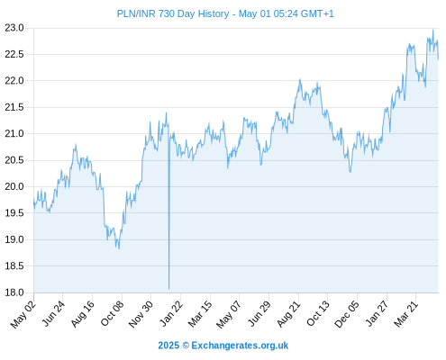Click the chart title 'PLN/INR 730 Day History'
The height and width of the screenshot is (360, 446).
pos(173,13)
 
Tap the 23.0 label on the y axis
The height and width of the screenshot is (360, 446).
pos(14,28)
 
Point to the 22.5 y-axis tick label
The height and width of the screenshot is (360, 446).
pos(14,54)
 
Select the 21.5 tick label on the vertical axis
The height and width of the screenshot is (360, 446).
pos(14,107)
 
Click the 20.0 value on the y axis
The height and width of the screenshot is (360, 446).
pos(14,186)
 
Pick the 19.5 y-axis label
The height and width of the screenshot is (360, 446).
pos(14,213)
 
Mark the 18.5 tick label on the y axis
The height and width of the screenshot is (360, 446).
pos(14,265)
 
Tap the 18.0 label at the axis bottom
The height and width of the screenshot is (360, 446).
pos(14,292)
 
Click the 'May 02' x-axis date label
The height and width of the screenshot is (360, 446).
pos(23,314)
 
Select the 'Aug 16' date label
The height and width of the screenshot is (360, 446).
pos(83,314)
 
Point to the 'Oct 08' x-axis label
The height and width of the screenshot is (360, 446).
pos(112,314)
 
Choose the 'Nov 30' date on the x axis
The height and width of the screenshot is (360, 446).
pos(141,314)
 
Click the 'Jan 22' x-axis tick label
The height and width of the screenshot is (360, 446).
pos(171,314)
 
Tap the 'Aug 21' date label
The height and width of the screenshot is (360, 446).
pos(288,314)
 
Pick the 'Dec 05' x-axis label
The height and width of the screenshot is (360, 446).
pos(347,314)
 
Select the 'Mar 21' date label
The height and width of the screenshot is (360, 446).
pos(405,314)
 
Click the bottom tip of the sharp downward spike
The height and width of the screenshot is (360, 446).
pos(169,289)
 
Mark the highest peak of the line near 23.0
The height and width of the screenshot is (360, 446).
pos(432,30)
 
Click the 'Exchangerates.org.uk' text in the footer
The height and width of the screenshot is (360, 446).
pos(240,346)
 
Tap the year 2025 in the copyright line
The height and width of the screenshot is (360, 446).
pos(168,346)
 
